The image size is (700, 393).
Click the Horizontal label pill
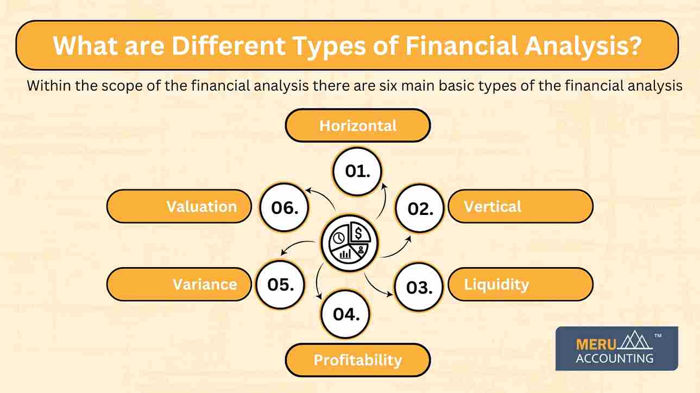tap(358, 126)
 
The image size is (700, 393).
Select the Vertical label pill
tap(520, 206)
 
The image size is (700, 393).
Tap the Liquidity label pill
tap(520, 284)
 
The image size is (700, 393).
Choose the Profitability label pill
tap(358, 360)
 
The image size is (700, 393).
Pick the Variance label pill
tap(179, 284)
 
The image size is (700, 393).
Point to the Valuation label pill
tap(179, 206)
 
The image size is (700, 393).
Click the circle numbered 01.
tap(358, 171)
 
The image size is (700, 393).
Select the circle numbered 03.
tap(420, 287)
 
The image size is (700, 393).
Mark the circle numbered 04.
tap(346, 314)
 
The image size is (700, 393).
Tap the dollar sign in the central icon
tap(360, 233)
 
